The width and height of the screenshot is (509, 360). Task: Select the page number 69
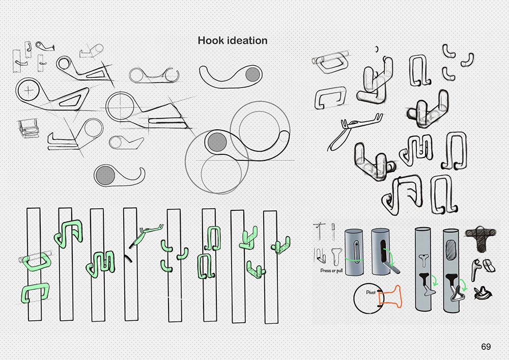pyautogui.click(x=486, y=347)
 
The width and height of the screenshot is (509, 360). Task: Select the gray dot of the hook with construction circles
pyautogui.click(x=216, y=140)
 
